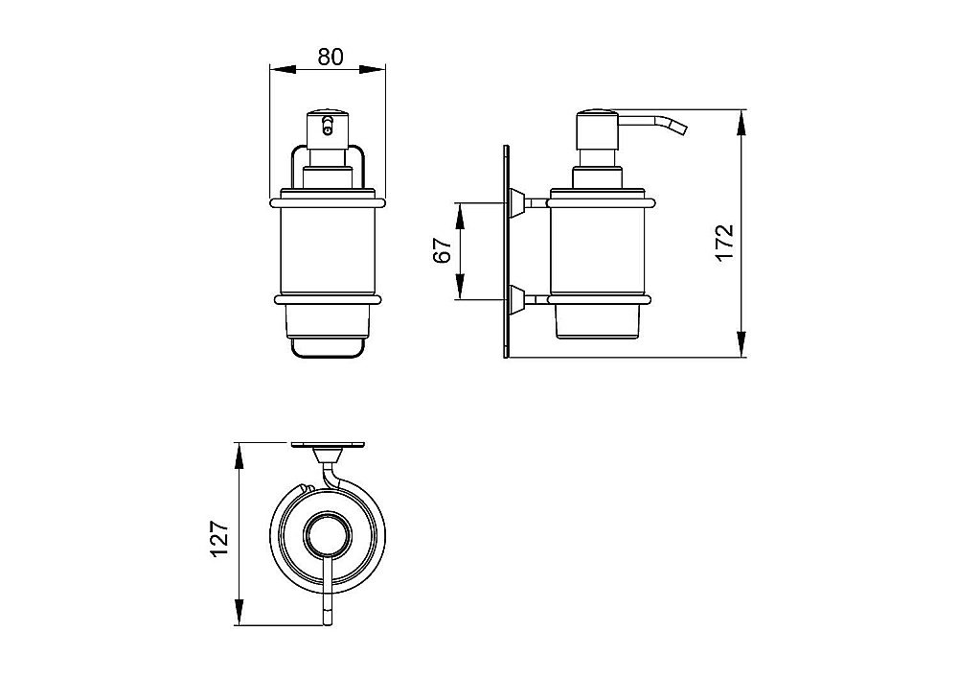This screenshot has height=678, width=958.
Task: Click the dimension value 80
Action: pos(330,57)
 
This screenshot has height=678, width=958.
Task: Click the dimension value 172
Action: pos(724,243)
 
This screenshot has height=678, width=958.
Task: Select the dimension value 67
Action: pos(443,249)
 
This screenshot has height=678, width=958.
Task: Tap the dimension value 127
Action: pos(218,539)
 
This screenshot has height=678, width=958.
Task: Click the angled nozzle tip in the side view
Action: pos(679,128)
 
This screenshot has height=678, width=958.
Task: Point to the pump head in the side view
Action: pos(598,137)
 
